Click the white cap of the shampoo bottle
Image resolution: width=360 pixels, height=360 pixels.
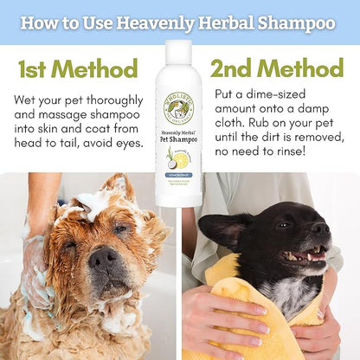pos(179,49)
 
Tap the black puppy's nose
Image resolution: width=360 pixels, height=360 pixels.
pos(321,229)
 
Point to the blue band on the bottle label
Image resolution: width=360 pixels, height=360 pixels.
pos(179,175)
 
